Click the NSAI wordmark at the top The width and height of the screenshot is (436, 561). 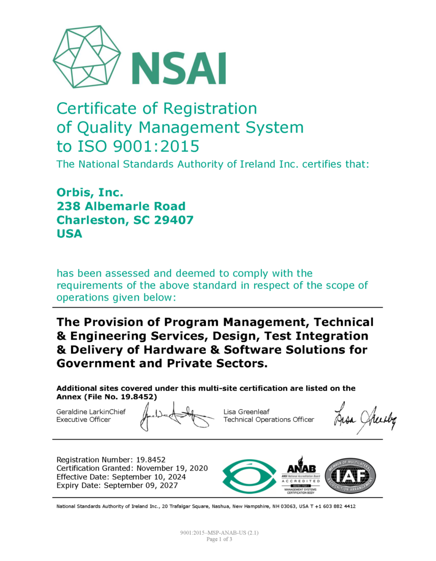point(179,68)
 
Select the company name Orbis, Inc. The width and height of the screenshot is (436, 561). point(90,192)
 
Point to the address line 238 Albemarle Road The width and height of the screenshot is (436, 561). point(121,206)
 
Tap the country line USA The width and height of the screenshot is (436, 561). point(69,234)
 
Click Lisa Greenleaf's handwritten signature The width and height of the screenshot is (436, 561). point(364,417)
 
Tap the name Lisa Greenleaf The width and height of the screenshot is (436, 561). point(246,411)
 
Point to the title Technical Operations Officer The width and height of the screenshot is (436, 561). point(269,420)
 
